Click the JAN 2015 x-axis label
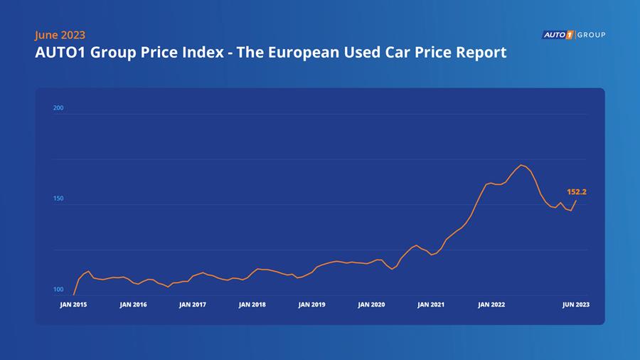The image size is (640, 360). (73, 305)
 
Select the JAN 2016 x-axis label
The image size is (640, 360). (133, 305)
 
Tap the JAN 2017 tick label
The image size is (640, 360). (193, 305)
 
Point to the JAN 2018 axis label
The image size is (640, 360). (252, 305)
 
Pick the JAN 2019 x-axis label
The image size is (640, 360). (312, 305)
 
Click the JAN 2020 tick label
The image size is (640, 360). (371, 305)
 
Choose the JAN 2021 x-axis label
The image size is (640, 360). (431, 305)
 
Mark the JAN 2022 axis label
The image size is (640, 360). (491, 305)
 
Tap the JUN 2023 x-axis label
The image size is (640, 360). (576, 305)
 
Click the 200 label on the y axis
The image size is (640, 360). (58, 108)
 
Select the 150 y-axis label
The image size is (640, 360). (58, 198)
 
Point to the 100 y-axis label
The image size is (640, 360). (58, 290)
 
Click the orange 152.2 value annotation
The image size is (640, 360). (577, 192)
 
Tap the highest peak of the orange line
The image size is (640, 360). (521, 165)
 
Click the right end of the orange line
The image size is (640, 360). (576, 201)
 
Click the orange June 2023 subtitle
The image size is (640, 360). (60, 35)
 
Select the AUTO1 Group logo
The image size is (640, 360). (573, 35)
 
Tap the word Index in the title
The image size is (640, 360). (195, 53)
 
